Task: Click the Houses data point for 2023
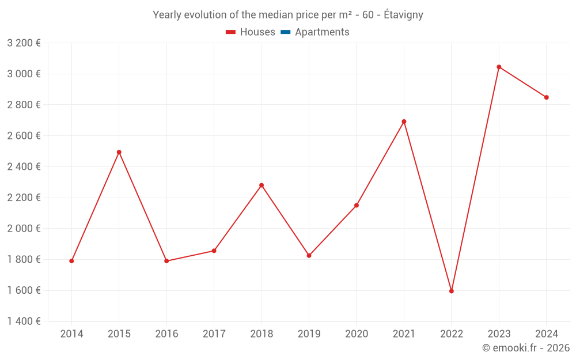tap(499, 67)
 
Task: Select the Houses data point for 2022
tap(452, 291)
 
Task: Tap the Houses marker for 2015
tap(119, 152)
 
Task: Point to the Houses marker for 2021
tap(404, 122)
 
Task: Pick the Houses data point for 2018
tap(262, 185)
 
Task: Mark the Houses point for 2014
tap(71, 261)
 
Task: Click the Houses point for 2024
tap(547, 97)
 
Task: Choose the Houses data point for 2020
tap(357, 205)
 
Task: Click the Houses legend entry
tap(251, 32)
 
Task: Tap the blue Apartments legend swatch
tap(285, 32)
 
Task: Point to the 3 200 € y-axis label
tap(24, 43)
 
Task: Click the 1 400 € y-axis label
tap(24, 321)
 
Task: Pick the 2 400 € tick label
tap(24, 166)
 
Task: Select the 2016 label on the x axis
tap(166, 334)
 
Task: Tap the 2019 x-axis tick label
tap(309, 334)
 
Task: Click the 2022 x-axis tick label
tap(452, 334)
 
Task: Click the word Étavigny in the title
tap(403, 15)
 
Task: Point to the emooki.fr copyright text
tap(526, 348)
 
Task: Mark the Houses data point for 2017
tap(214, 251)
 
